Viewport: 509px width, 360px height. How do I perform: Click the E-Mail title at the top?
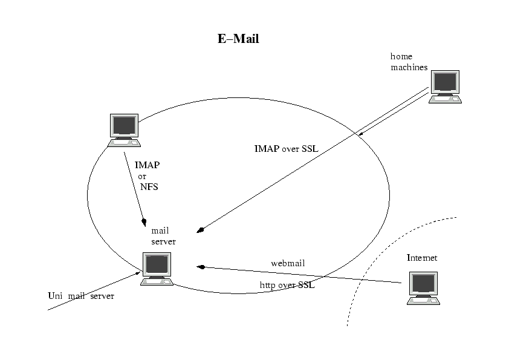pyautogui.click(x=238, y=39)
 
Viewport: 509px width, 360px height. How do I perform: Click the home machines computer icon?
pyautogui.click(x=445, y=87)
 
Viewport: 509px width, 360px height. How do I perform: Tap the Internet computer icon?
pyautogui.click(x=423, y=287)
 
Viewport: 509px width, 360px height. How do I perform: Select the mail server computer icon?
pyautogui.click(x=157, y=268)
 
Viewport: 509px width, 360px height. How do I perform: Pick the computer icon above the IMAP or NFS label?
pyautogui.click(x=124, y=129)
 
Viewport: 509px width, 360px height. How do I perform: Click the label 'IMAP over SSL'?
pyautogui.click(x=286, y=149)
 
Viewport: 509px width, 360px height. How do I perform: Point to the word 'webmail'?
pyautogui.click(x=288, y=263)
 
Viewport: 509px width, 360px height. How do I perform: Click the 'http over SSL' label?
pyautogui.click(x=287, y=285)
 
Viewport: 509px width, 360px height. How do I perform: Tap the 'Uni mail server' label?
pyautogui.click(x=80, y=296)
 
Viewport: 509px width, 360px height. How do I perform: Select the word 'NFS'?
pyautogui.click(x=149, y=187)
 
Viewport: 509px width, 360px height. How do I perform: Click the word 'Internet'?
pyautogui.click(x=422, y=258)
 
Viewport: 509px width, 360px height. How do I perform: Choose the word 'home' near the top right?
pyautogui.click(x=401, y=56)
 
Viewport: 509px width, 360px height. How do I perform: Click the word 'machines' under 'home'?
pyautogui.click(x=409, y=67)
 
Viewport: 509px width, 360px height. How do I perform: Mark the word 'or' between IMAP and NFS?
pyautogui.click(x=143, y=176)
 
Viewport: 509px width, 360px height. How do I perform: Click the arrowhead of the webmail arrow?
pyautogui.click(x=201, y=266)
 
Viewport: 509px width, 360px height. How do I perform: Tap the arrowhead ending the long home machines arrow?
pyautogui.click(x=201, y=230)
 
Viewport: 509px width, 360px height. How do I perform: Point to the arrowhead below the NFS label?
pyautogui.click(x=144, y=221)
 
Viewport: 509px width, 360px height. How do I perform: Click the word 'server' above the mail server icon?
pyautogui.click(x=163, y=241)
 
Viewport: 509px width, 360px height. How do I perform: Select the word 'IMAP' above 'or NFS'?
pyautogui.click(x=148, y=165)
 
